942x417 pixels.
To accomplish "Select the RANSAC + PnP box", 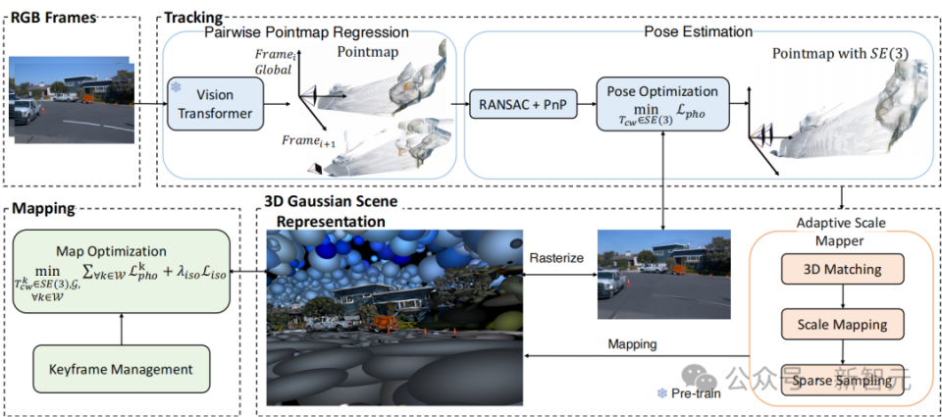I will click(523, 103).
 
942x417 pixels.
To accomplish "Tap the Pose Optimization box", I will click(662, 104).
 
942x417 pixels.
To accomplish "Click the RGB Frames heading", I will click(55, 18).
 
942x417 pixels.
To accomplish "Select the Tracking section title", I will click(193, 18).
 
